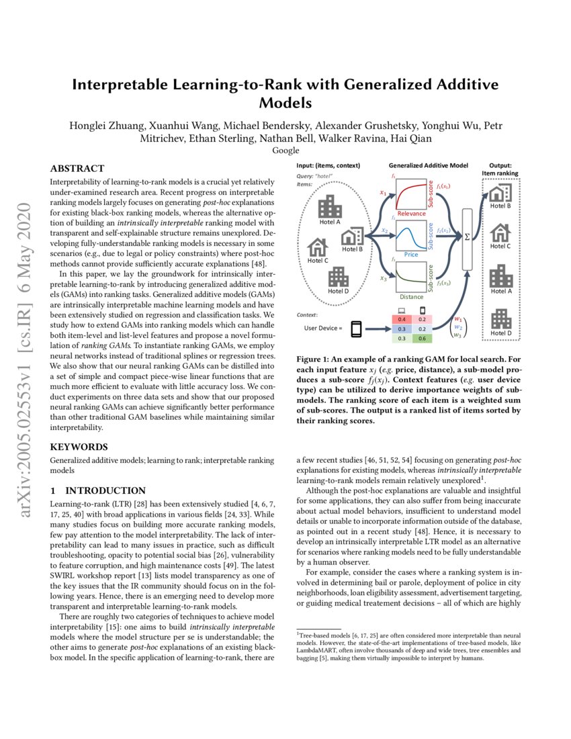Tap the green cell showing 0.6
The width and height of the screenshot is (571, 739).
coord(422,339)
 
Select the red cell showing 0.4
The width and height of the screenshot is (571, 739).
coord(402,319)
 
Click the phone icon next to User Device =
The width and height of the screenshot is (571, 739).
coord(356,329)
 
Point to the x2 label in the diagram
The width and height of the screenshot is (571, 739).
coord(385,230)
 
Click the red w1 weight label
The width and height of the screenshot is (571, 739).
coord(458,318)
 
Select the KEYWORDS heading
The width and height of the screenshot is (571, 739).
coord(78,446)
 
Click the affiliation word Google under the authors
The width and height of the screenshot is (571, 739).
coord(285,150)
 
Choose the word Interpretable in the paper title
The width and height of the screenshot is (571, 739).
coord(127,85)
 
